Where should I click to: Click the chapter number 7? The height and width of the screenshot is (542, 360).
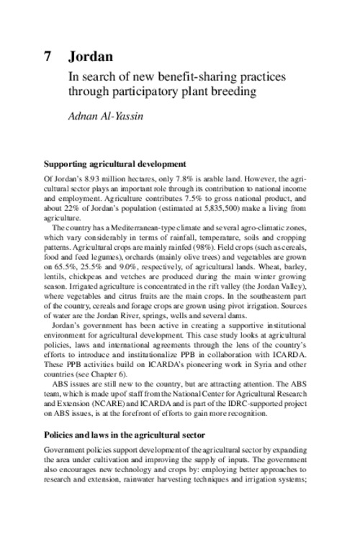click(48, 55)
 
